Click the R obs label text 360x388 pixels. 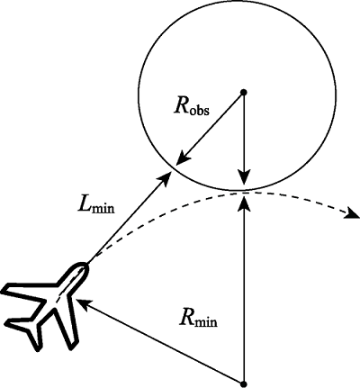(192, 108)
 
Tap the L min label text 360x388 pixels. (95, 206)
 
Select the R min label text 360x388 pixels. (198, 320)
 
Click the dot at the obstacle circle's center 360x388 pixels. (244, 92)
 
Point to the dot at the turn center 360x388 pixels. (244, 383)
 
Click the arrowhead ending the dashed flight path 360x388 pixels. (352, 212)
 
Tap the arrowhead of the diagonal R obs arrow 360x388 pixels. (182, 158)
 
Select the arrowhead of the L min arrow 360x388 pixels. (164, 179)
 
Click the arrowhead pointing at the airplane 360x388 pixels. (84, 304)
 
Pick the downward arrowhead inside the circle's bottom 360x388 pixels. (244, 176)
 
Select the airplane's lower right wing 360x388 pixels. (67, 326)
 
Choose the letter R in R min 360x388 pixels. (186, 319)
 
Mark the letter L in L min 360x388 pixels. (83, 205)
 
